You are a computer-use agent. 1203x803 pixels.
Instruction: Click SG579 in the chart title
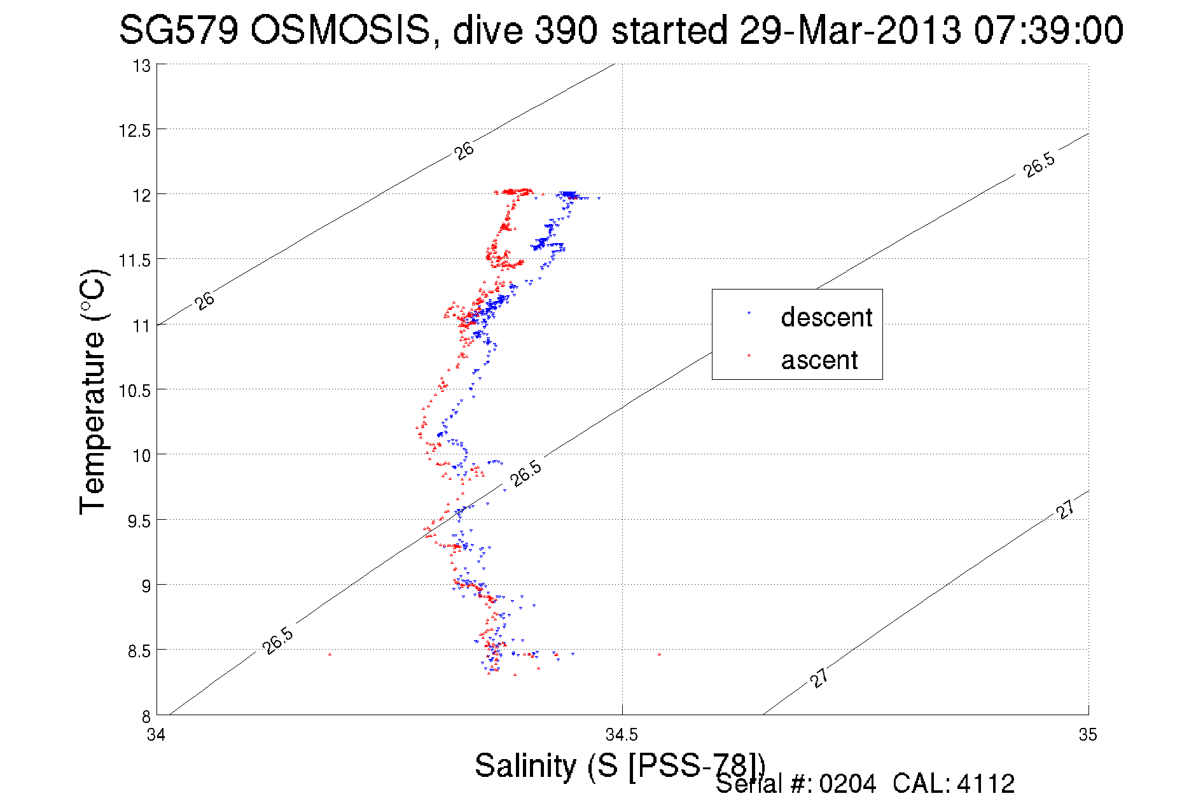click(x=178, y=30)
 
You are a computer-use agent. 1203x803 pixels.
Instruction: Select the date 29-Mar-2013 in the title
click(x=849, y=30)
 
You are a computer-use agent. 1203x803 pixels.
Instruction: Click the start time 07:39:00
click(x=1048, y=30)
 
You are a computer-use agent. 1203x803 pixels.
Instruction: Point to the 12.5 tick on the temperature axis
click(x=135, y=130)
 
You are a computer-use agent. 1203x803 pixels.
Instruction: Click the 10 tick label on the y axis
click(x=141, y=456)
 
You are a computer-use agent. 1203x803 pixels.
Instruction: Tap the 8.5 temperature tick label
click(x=139, y=651)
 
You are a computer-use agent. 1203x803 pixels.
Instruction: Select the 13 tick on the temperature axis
click(x=142, y=66)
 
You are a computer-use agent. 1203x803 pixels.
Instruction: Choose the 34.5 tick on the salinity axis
click(x=622, y=736)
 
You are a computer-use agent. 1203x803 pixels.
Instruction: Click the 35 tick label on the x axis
click(x=1088, y=736)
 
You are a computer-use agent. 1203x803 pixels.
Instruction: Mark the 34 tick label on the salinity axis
click(x=156, y=736)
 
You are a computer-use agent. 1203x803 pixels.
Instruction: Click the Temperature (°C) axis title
click(x=93, y=392)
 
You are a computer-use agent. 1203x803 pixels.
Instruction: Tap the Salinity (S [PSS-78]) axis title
click(x=620, y=765)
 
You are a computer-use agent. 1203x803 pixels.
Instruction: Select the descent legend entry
click(x=826, y=317)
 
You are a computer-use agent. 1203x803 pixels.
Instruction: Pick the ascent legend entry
click(x=819, y=360)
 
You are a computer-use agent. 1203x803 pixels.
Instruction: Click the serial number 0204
click(x=847, y=784)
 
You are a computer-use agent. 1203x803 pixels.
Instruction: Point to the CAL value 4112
click(x=985, y=784)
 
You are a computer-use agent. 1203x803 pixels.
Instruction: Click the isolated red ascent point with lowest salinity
click(x=330, y=653)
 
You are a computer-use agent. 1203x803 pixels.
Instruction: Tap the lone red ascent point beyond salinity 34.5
click(x=659, y=654)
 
